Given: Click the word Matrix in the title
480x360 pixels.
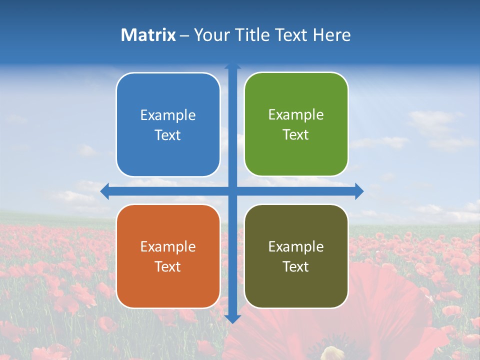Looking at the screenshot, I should click(x=148, y=35).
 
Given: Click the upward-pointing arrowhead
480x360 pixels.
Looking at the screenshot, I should click(x=232, y=65).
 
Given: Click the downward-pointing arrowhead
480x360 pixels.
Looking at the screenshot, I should click(x=232, y=318).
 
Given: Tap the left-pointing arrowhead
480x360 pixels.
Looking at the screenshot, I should click(x=104, y=191).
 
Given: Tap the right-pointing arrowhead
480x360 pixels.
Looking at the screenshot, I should click(x=359, y=191).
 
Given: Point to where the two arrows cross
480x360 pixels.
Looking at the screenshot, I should click(x=232, y=191).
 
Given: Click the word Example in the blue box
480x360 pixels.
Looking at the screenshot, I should click(x=168, y=115).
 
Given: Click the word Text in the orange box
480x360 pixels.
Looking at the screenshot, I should click(x=168, y=266).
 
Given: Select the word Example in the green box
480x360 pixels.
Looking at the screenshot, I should click(x=296, y=115).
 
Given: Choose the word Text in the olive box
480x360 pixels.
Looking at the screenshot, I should click(x=296, y=266).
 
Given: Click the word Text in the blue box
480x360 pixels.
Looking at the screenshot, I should click(x=168, y=135).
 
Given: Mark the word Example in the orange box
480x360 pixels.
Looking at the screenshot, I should click(x=168, y=246).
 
